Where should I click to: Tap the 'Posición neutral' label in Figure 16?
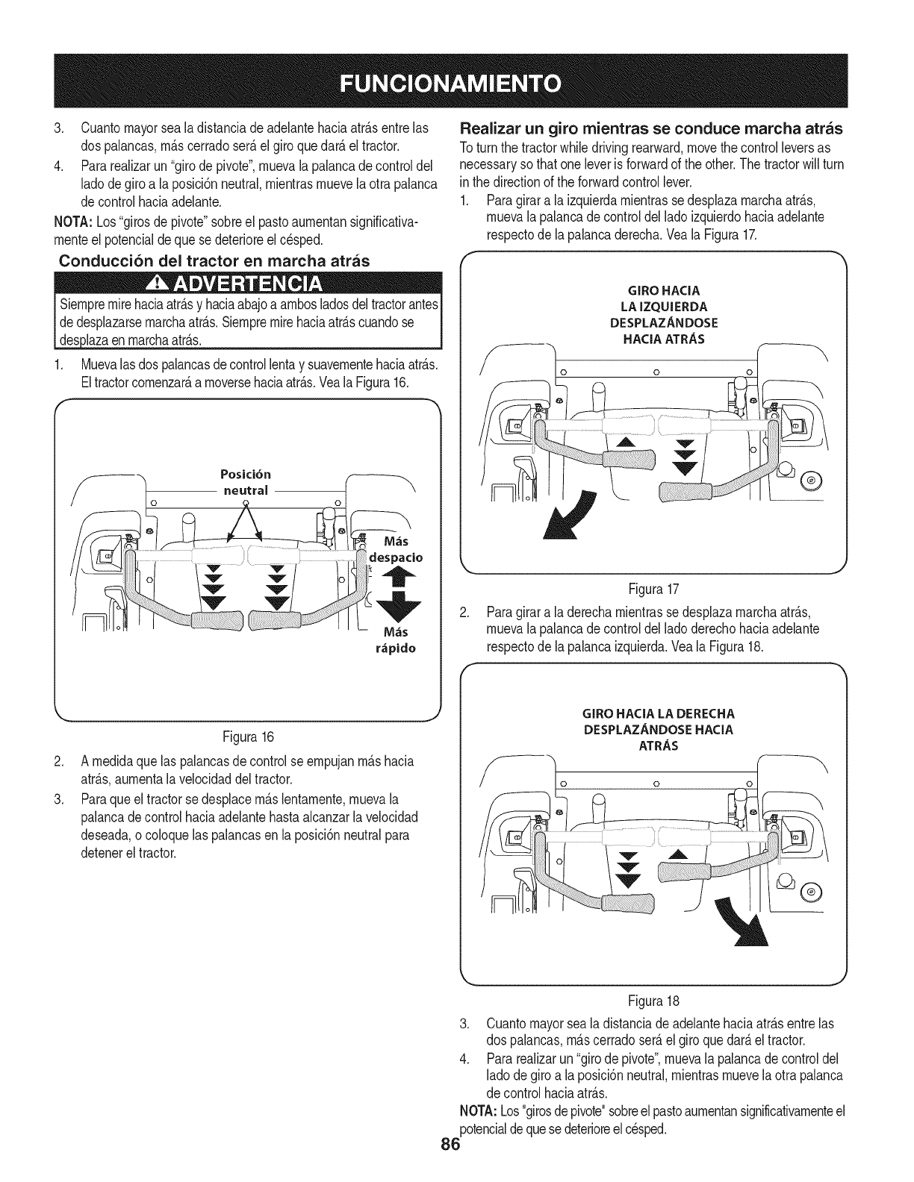(246, 483)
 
